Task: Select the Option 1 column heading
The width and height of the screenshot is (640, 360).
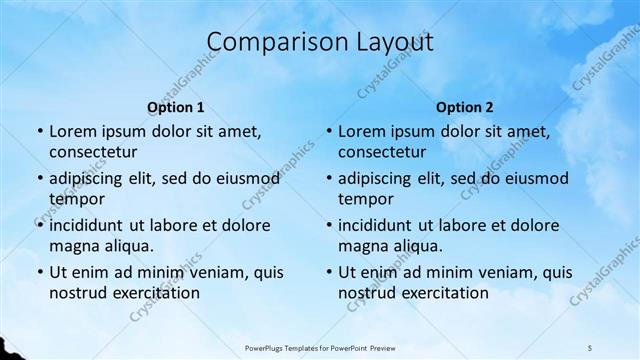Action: click(176, 107)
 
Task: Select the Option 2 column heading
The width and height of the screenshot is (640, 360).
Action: click(465, 107)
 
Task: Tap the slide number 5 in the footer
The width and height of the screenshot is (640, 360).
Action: click(590, 347)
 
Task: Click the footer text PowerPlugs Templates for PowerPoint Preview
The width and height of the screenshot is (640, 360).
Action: click(320, 347)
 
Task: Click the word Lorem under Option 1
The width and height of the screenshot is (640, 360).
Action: click(72, 131)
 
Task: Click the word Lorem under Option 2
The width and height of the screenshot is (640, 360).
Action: click(361, 131)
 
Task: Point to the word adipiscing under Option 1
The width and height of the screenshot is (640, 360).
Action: click(91, 178)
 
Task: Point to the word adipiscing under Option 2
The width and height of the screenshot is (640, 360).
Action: click(380, 178)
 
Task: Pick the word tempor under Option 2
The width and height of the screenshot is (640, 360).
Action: click(366, 199)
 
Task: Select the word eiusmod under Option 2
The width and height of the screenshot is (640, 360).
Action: click(532, 178)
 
